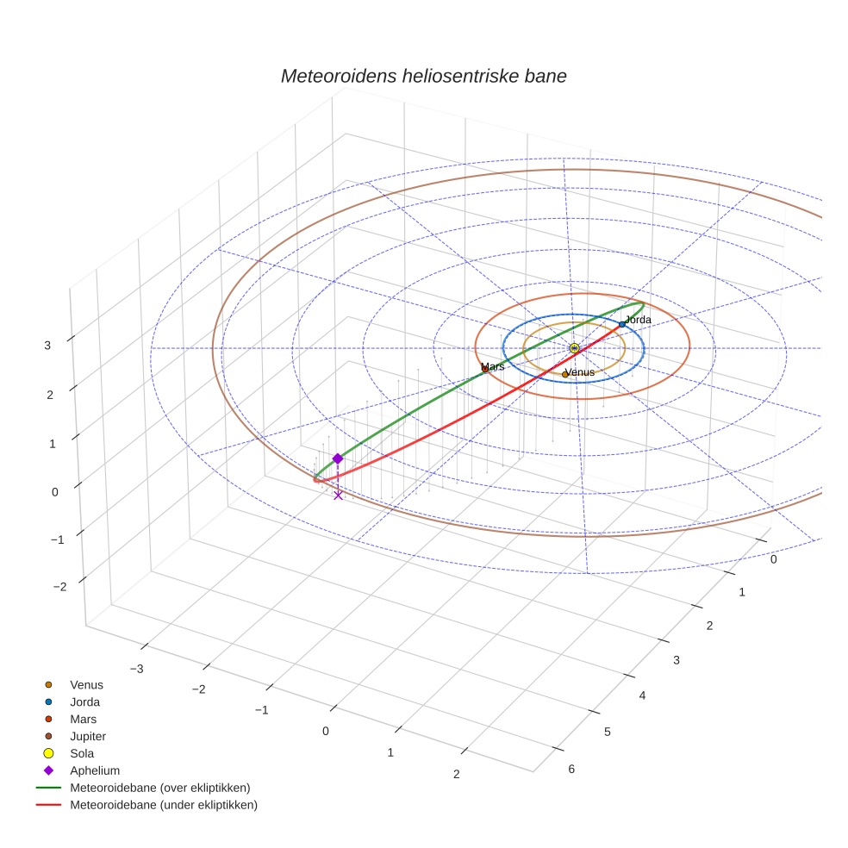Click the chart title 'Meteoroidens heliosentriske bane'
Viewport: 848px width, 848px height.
coord(423,76)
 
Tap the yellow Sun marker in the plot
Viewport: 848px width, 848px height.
coord(574,348)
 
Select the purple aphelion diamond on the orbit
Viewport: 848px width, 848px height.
coord(338,459)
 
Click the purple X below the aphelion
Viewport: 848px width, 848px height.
coord(338,495)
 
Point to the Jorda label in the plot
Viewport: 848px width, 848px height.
coord(638,320)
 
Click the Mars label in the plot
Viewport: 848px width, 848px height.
coord(493,367)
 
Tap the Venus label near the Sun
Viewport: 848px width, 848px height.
coord(579,372)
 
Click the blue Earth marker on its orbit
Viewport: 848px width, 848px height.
coord(621,325)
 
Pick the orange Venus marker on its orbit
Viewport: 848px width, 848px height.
coord(565,374)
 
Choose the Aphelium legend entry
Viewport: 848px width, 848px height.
coord(94,770)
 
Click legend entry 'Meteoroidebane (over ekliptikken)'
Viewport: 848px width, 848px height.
coord(159,788)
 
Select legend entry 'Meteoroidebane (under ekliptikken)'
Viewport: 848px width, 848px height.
coord(163,805)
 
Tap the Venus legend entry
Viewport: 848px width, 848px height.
coord(86,685)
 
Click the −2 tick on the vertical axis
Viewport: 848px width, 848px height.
coord(59,587)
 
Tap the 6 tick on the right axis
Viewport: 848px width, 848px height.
coord(571,770)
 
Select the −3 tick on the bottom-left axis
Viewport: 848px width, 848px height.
coord(135,669)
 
